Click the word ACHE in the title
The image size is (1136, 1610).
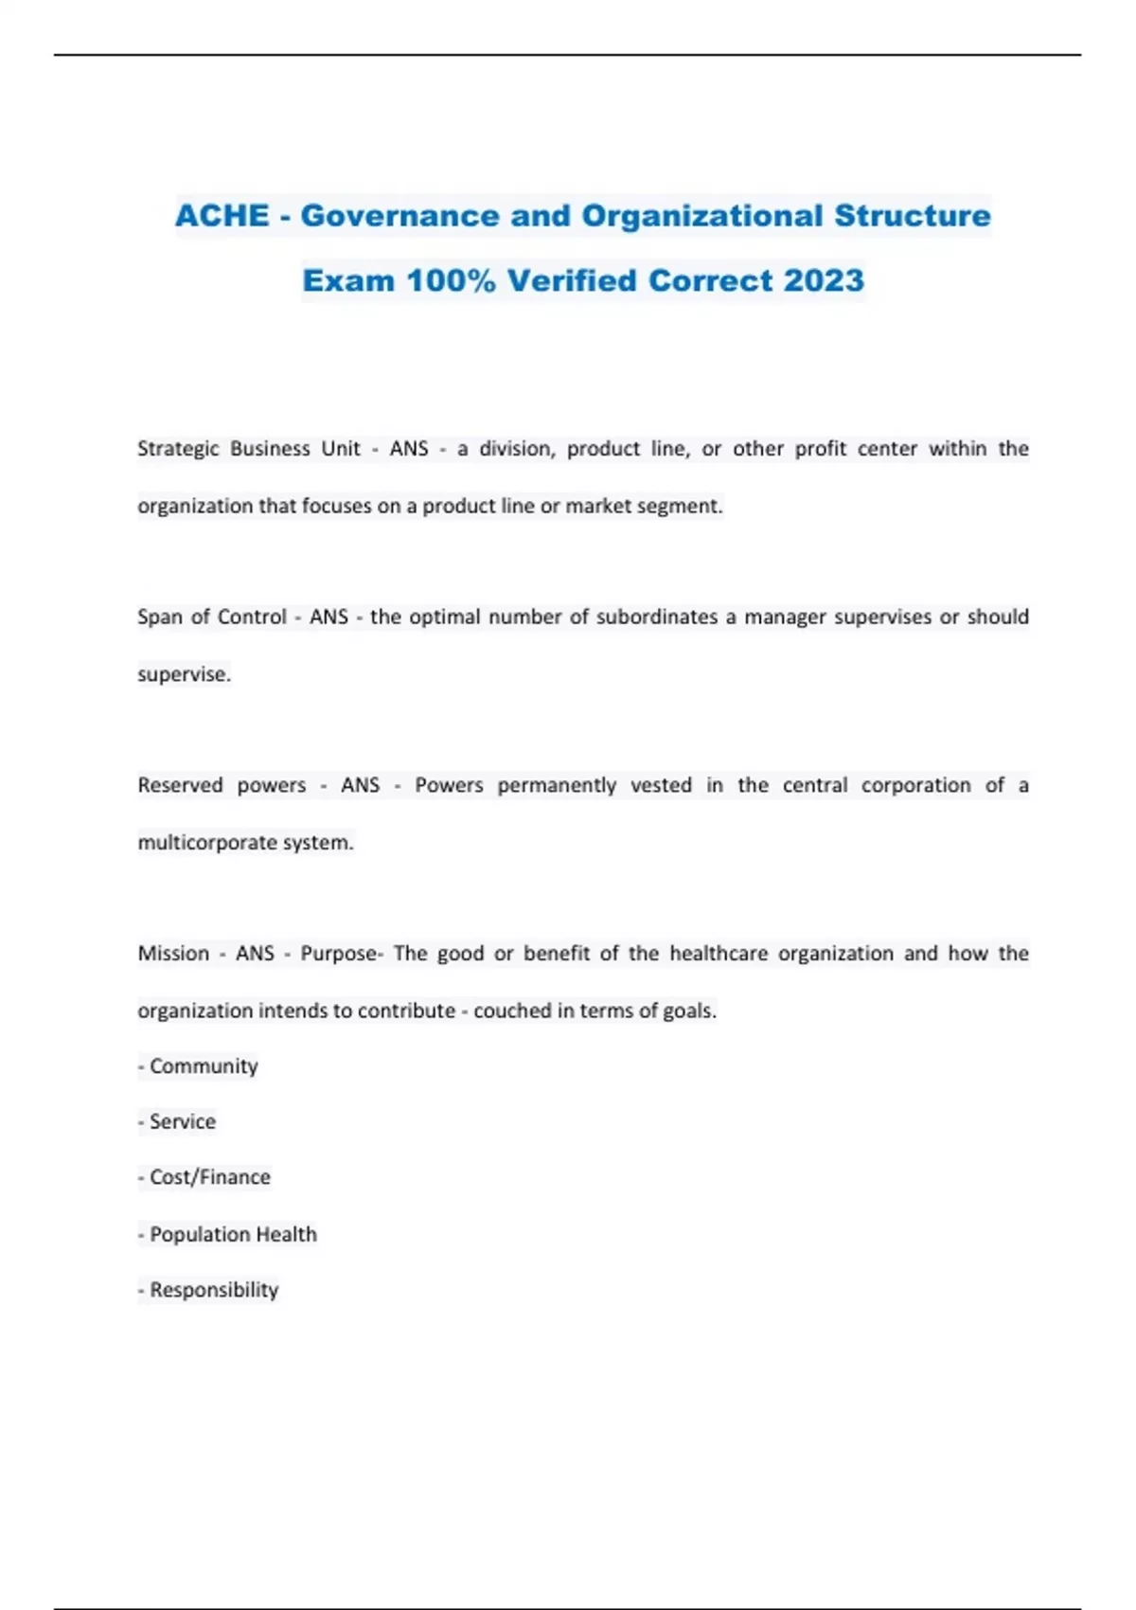tap(222, 216)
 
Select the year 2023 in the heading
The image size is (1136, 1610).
tap(824, 280)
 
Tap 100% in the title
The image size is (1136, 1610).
tap(451, 280)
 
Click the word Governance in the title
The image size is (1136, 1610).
tap(400, 216)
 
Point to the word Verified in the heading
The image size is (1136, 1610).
tap(572, 280)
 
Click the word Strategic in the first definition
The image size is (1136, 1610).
tap(178, 449)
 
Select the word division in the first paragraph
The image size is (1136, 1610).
tap(517, 449)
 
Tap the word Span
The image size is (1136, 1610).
tap(159, 617)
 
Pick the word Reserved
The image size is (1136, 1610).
tap(180, 785)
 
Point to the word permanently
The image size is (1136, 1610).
tap(557, 785)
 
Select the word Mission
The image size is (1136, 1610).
tap(173, 954)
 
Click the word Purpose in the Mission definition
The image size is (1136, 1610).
tap(339, 954)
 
